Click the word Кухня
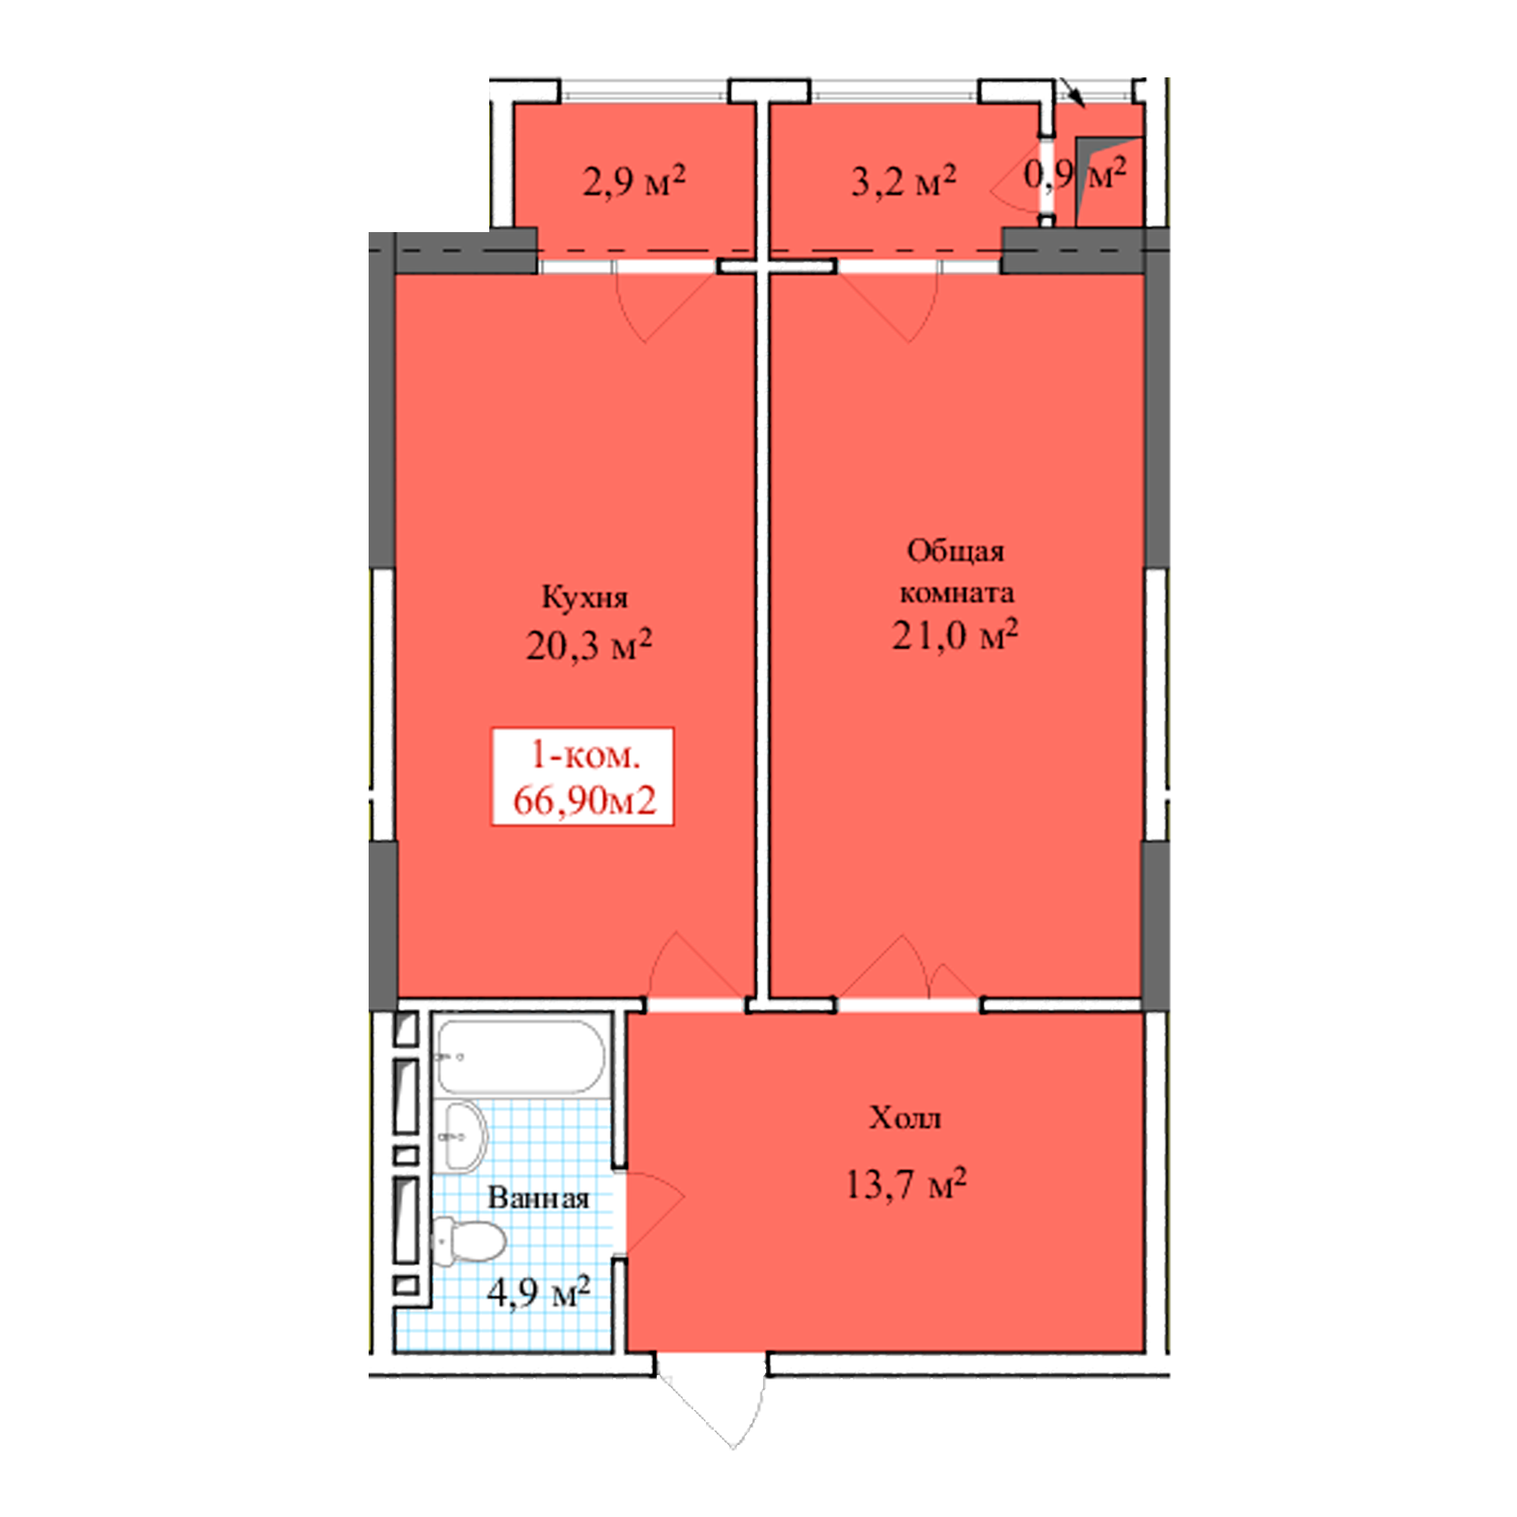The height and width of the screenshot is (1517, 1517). (x=585, y=598)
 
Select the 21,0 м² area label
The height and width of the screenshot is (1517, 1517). (x=955, y=634)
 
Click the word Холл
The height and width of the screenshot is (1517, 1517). (x=905, y=1117)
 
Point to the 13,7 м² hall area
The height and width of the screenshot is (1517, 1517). (x=906, y=1184)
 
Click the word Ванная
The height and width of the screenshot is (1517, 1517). (x=538, y=1198)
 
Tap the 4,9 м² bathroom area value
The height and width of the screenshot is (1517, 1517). (x=538, y=1292)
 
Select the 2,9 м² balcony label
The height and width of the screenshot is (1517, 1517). (x=633, y=181)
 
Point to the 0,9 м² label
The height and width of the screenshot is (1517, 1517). (x=1075, y=174)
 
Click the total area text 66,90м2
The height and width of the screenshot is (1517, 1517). (x=584, y=801)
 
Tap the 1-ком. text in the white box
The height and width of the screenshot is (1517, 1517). (x=586, y=755)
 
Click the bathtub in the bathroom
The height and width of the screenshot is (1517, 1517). (x=520, y=1057)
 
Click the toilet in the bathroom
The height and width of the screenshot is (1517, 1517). (x=468, y=1242)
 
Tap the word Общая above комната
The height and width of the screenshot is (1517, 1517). (x=956, y=552)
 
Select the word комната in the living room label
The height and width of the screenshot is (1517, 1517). (x=956, y=593)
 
